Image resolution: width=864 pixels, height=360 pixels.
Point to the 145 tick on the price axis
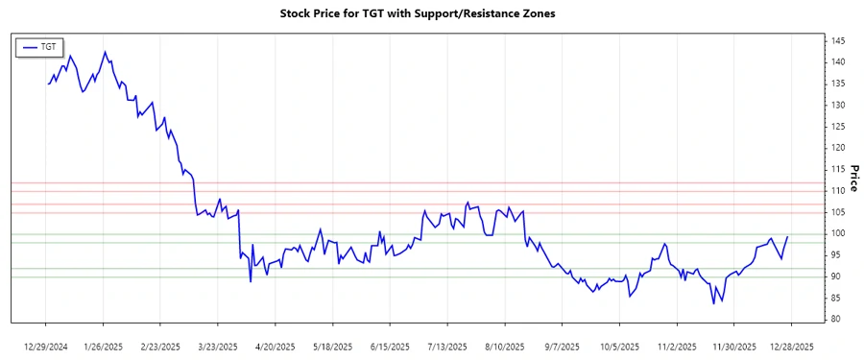point(838,40)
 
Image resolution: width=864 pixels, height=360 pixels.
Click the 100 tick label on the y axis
point(838,233)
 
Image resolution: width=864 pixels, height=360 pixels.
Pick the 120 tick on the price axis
point(838,148)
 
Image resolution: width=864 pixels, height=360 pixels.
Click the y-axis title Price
point(853,177)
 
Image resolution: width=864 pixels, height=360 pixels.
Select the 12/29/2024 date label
point(46,346)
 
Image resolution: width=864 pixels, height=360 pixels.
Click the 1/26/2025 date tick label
point(103,346)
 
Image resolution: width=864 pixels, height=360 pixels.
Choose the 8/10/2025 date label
point(505,346)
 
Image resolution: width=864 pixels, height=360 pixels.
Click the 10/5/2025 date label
point(619,346)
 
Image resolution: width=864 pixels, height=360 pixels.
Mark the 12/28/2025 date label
point(789,346)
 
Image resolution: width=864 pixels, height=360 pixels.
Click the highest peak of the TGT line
point(105,52)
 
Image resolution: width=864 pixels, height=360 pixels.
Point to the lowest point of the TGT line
point(714,303)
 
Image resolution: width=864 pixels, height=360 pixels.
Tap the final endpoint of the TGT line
point(787,237)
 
